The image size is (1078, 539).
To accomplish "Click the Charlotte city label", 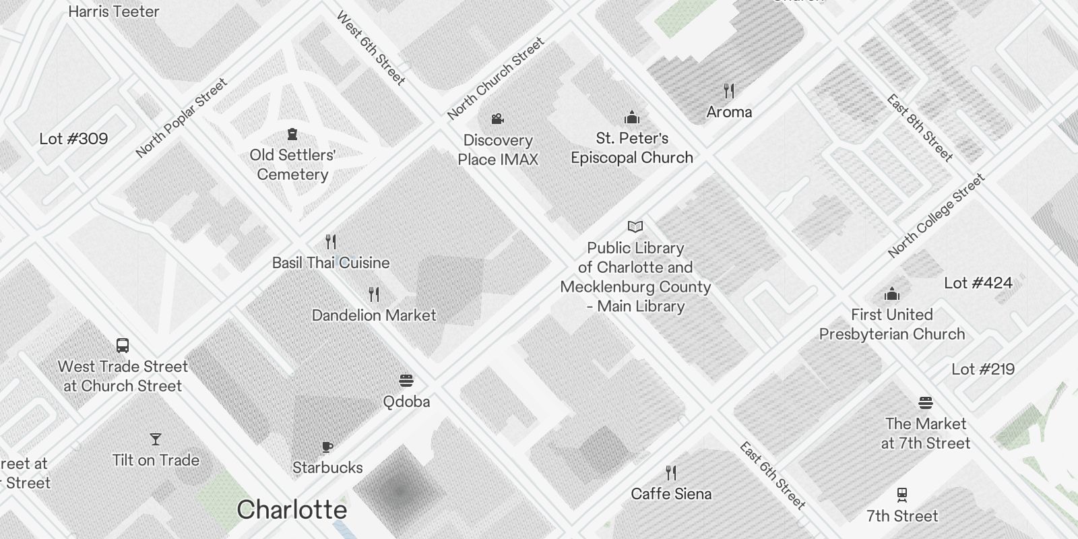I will (292, 510).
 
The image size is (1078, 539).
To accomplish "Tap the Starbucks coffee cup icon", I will (327, 447).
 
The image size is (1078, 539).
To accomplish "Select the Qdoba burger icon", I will (406, 381).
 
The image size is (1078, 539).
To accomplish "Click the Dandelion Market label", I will (374, 315).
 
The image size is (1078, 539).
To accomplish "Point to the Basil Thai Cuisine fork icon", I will (331, 241).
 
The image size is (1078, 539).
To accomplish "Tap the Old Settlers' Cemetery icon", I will (292, 134).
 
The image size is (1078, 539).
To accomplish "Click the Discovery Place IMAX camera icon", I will (498, 119).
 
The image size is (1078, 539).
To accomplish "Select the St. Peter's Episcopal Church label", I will (632, 148).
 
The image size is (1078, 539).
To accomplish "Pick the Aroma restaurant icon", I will (729, 90).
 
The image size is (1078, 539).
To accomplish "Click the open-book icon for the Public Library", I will (635, 226).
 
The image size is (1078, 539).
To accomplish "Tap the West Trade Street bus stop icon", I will (123, 346).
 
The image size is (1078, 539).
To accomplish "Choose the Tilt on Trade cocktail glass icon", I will (156, 439).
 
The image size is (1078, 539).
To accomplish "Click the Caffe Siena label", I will (671, 494).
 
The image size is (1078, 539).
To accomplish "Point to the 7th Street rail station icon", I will (902, 495).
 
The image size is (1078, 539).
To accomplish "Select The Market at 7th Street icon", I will (926, 403).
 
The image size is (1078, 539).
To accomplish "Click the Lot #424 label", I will (978, 283).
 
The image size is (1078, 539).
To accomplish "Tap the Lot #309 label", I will (73, 139).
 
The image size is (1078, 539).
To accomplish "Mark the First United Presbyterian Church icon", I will (892, 294).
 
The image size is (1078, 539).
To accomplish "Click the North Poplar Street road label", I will (181, 119).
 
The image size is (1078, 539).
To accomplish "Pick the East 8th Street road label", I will (920, 128).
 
